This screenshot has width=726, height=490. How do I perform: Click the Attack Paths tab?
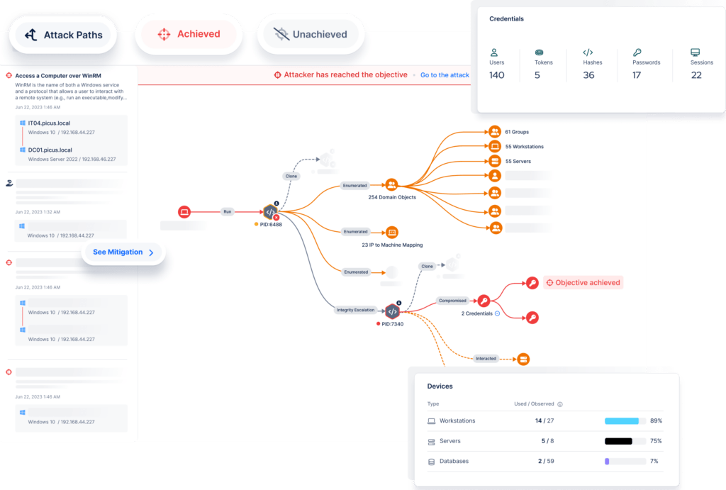[x=63, y=35]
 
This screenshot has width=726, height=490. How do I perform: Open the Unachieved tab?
[x=311, y=34]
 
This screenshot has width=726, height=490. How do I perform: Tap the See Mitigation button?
[x=123, y=252]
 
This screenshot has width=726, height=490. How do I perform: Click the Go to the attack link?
[x=445, y=75]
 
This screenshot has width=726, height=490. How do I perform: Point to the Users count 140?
[x=496, y=75]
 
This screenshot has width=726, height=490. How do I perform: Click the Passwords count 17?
[x=636, y=75]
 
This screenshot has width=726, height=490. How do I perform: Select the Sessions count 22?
[x=696, y=75]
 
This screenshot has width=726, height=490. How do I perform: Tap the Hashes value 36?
[x=588, y=75]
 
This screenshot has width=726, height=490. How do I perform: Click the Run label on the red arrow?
[x=227, y=211]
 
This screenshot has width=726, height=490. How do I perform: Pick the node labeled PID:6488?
[x=270, y=211]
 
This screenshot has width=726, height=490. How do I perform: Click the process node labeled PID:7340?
[x=392, y=311]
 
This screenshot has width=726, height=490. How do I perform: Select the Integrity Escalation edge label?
[x=354, y=310]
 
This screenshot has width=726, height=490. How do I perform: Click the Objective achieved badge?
[x=583, y=283]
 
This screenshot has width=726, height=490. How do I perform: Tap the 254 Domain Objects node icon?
[x=391, y=186]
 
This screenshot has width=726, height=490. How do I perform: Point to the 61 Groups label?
[x=517, y=132]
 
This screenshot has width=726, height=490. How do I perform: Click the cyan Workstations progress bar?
[x=621, y=421]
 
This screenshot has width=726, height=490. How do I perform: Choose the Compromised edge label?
[x=452, y=301]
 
